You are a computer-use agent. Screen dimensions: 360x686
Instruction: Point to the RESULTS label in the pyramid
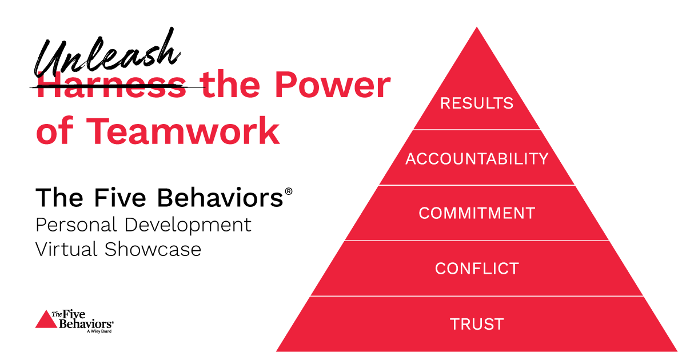tap(476, 103)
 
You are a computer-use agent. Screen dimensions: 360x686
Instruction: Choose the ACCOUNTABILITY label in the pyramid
tap(477, 158)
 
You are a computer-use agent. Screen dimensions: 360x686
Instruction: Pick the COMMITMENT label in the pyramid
tap(477, 213)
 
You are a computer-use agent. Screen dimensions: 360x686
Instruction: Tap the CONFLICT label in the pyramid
tap(477, 268)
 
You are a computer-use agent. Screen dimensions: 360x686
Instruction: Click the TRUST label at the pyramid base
tap(477, 324)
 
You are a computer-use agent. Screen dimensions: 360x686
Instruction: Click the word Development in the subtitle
tap(189, 225)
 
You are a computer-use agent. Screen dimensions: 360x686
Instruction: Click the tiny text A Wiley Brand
tap(98, 331)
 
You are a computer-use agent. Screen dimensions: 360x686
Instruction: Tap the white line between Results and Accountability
tap(477, 130)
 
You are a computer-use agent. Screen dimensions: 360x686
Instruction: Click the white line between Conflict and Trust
tap(477, 296)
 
